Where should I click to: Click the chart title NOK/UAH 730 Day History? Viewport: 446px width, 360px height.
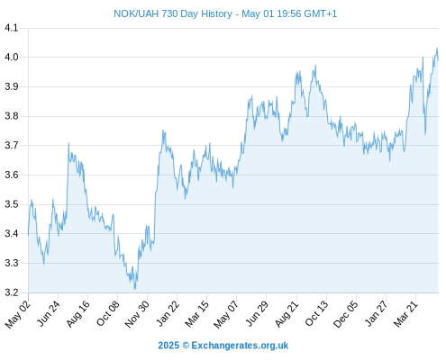pos(173,13)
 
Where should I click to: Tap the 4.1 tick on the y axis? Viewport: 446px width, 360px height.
pos(12,28)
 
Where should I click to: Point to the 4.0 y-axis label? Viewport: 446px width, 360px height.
pos(12,57)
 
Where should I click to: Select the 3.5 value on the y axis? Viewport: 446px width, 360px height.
pos(12,204)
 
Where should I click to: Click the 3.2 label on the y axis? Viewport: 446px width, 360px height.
pos(12,292)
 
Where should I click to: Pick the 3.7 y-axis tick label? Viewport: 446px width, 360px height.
pos(12,146)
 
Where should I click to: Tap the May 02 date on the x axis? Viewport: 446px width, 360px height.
pos(18,314)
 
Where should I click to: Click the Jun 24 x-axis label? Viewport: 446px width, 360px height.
pos(49,313)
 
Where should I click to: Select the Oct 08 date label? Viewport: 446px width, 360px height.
pos(108,313)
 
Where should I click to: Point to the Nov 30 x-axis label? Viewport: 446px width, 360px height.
pos(137,314)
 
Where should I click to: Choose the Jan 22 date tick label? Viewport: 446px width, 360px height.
pos(168,313)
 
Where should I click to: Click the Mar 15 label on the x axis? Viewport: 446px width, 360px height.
pos(196,313)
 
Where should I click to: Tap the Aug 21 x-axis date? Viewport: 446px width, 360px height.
pos(287,313)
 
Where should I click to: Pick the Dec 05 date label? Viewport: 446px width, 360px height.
pos(346,314)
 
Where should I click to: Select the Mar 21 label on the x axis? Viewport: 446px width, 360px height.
pos(405,313)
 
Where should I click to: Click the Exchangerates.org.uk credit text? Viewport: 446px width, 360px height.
pos(240,346)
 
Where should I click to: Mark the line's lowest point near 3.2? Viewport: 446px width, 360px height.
pos(135,289)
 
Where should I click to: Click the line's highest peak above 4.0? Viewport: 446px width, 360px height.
pos(437,48)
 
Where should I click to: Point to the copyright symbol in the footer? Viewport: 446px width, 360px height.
pos(186,346)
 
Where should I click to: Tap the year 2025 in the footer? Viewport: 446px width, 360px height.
pos(168,346)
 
